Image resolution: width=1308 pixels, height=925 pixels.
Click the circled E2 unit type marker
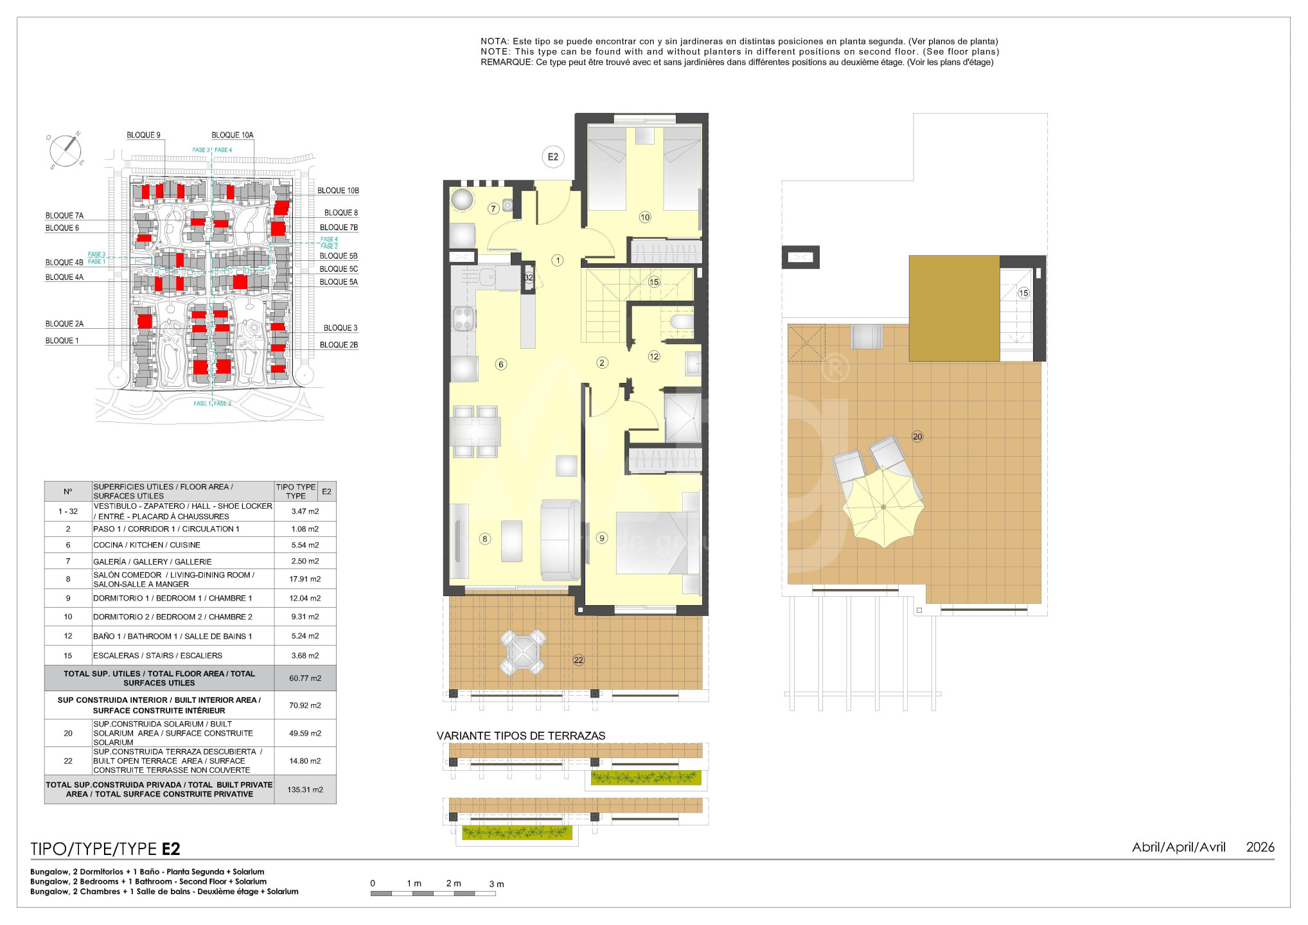click(x=552, y=157)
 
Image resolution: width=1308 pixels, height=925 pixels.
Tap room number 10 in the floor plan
click(x=645, y=217)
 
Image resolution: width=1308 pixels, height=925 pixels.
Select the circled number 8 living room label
click(x=485, y=539)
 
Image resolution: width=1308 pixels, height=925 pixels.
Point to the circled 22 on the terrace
click(x=579, y=660)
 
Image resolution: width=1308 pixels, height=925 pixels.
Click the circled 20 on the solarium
click(x=917, y=437)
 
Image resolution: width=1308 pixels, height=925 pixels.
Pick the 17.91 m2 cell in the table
click(x=305, y=579)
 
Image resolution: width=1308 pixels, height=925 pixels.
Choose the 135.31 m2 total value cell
click(x=305, y=789)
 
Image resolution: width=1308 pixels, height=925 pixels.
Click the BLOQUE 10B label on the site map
click(x=338, y=191)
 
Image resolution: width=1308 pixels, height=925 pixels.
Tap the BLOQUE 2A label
click(x=64, y=324)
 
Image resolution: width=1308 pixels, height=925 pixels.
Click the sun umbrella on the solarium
click(x=884, y=507)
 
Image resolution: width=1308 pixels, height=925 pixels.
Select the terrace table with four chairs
click(x=523, y=652)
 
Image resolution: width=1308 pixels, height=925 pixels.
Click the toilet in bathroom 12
click(x=681, y=321)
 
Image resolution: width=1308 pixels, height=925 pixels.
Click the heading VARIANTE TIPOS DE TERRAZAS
click(x=521, y=736)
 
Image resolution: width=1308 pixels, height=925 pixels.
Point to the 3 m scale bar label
click(x=497, y=884)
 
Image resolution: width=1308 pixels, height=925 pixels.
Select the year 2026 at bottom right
click(x=1260, y=847)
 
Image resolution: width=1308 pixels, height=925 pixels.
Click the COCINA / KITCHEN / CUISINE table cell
click(x=147, y=545)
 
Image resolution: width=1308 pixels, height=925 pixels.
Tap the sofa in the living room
click(x=561, y=540)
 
